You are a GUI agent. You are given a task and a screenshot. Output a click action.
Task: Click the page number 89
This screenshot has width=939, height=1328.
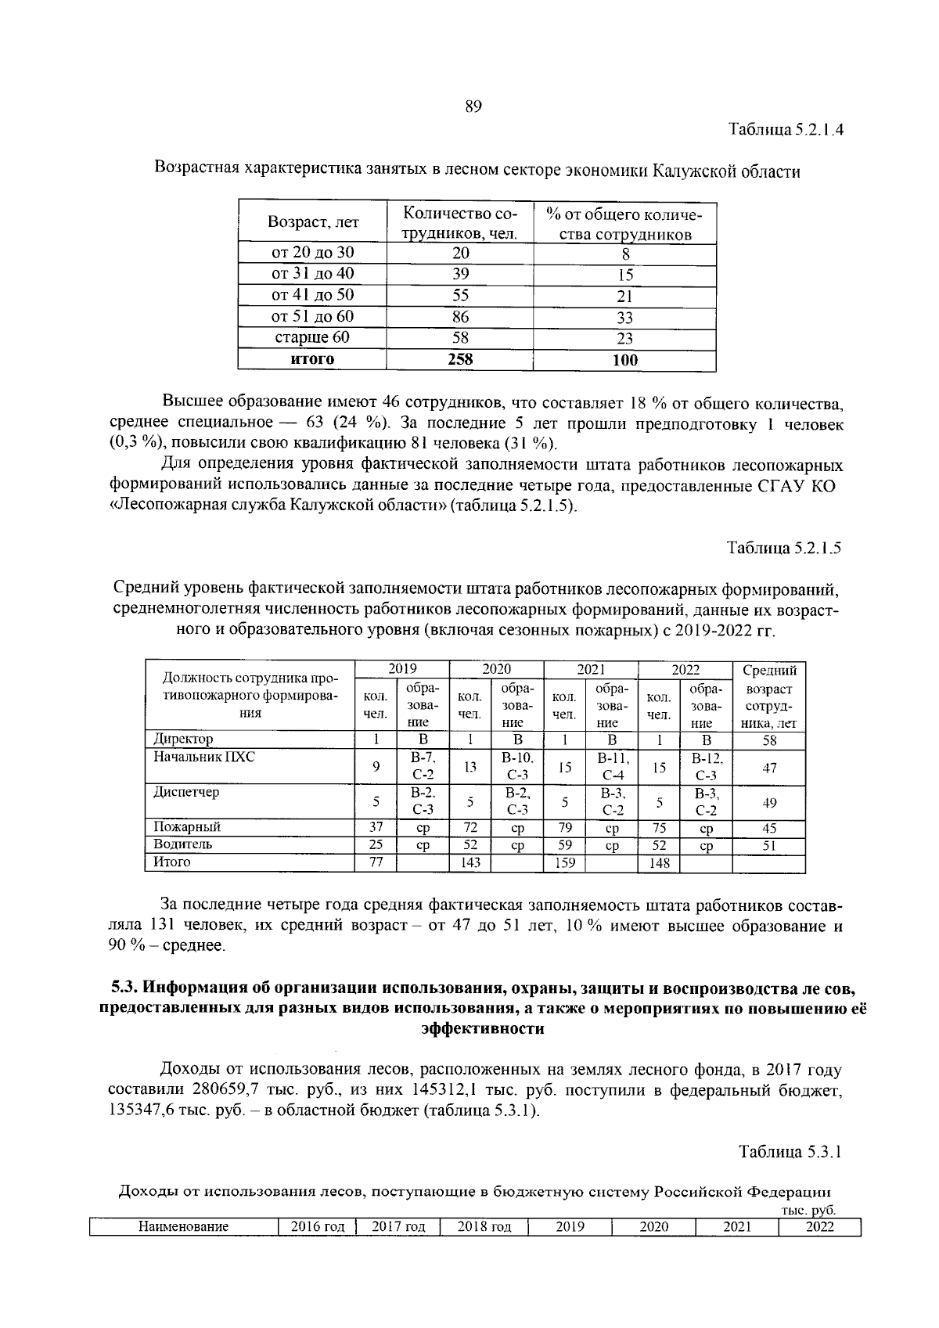[x=473, y=107]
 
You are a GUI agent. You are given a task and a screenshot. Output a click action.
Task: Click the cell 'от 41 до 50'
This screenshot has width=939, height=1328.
[x=312, y=295]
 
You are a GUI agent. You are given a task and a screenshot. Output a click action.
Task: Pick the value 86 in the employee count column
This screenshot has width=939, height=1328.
[x=460, y=317]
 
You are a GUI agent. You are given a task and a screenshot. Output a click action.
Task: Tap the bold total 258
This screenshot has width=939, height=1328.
[x=460, y=359]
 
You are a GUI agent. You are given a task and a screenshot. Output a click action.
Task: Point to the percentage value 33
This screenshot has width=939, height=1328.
[x=624, y=318]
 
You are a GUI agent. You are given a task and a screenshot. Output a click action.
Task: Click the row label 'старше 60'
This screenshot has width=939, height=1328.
[x=312, y=338]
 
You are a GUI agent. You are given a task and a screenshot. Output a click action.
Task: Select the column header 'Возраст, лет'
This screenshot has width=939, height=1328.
[x=313, y=223]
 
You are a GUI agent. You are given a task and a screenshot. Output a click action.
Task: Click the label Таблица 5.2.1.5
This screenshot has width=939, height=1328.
[x=784, y=549]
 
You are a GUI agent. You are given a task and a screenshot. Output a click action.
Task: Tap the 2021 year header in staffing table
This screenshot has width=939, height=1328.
[x=591, y=669]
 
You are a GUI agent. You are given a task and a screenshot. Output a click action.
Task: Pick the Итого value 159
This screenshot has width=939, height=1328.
[x=563, y=863]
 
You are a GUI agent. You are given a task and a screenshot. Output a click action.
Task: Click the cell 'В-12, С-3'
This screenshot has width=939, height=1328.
[x=706, y=768]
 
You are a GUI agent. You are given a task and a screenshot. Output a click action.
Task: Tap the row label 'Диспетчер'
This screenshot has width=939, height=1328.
[x=186, y=793]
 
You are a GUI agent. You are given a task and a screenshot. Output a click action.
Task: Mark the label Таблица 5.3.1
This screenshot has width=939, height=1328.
[x=790, y=1153]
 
